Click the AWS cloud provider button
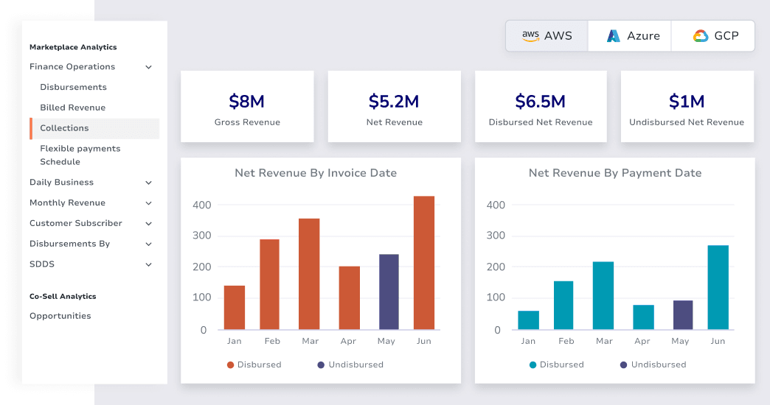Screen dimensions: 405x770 click(547, 35)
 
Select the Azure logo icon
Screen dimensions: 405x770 click(613, 35)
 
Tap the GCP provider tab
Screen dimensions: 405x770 click(714, 35)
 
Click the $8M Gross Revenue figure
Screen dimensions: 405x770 click(247, 101)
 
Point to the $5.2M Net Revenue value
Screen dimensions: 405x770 click(394, 101)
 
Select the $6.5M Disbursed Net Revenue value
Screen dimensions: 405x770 click(540, 101)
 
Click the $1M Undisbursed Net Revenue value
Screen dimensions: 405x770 click(686, 101)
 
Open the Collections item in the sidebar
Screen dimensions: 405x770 click(64, 128)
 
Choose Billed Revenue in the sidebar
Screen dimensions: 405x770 click(72, 108)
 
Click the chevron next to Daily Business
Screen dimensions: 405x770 click(148, 183)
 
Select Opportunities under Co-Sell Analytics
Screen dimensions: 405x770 click(60, 316)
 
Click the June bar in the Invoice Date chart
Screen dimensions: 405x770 click(424, 262)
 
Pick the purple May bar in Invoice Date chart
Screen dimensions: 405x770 click(389, 292)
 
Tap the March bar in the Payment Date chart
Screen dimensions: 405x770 click(603, 295)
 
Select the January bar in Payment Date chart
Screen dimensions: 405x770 click(528, 320)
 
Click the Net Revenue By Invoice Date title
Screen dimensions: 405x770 click(316, 173)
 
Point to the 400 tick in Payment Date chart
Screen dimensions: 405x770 click(496, 205)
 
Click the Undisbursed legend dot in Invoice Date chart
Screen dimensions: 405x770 click(321, 364)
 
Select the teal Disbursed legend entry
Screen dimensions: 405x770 click(556, 364)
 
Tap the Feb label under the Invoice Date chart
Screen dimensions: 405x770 click(272, 341)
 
